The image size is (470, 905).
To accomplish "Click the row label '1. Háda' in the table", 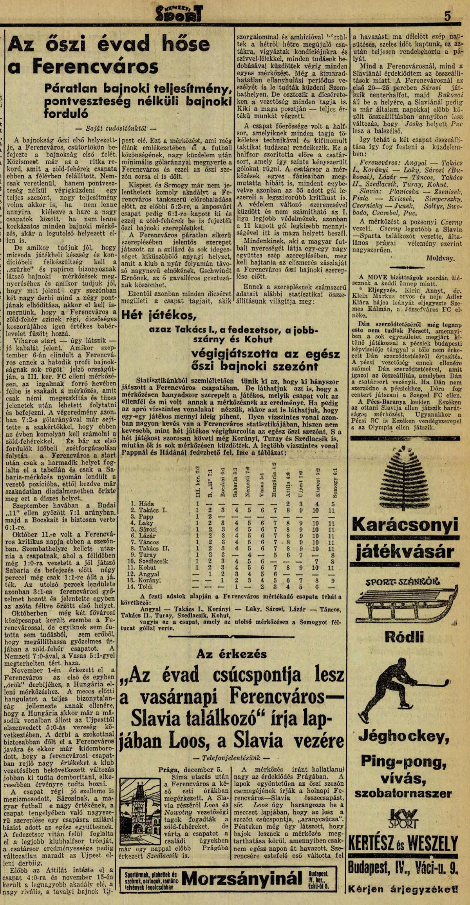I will (x=143, y=504).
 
